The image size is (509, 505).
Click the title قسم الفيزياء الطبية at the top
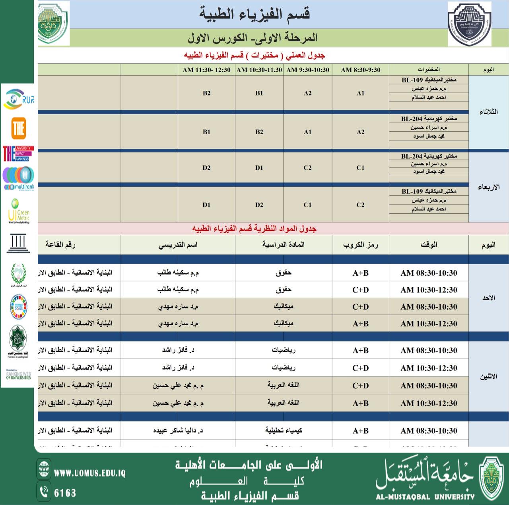254,14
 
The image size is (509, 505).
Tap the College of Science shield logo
469,24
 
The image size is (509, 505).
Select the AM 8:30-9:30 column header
360,70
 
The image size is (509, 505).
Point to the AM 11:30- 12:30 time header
206,70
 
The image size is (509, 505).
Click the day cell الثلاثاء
488,112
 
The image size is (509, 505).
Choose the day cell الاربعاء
488,187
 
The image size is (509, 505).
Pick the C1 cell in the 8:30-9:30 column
360,168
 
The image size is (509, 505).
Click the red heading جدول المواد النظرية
254,229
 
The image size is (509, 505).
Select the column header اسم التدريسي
178,245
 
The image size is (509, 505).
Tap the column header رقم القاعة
60,245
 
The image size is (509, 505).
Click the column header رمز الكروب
360,245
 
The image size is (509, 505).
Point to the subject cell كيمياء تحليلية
284,431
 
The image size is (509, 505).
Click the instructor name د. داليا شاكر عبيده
178,431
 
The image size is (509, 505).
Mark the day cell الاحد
488,298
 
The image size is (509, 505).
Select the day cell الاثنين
488,376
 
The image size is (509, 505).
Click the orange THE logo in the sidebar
19,128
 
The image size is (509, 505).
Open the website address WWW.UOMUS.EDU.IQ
89,473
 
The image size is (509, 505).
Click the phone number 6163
65,493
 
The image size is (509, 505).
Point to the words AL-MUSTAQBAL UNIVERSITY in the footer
425,497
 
